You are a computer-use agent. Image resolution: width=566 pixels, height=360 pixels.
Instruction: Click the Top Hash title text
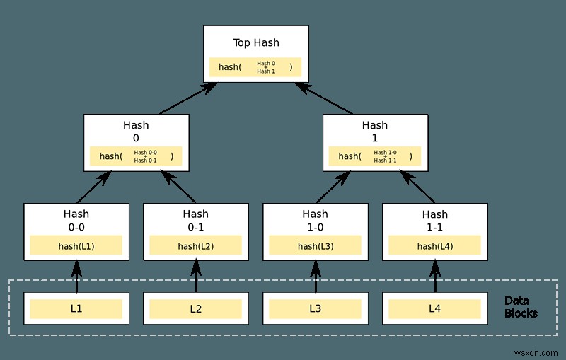(256, 42)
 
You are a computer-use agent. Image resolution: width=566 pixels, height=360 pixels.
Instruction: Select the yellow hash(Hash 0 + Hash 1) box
(255, 67)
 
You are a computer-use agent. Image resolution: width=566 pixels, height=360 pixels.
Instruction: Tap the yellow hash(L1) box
(76, 245)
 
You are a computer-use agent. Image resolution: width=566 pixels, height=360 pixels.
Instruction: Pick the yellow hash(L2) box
(196, 245)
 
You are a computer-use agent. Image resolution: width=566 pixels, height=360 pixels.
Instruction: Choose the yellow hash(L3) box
(316, 245)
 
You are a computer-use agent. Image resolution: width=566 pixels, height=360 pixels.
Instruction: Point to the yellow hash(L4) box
(435, 245)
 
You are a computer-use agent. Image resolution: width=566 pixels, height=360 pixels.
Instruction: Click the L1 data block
(76, 308)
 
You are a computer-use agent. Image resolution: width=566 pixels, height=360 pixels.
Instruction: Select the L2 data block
(196, 308)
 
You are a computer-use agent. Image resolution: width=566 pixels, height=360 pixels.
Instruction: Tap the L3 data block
(316, 308)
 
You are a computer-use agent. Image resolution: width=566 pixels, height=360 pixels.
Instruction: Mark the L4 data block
(435, 308)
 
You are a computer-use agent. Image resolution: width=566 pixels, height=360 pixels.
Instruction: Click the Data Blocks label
(521, 307)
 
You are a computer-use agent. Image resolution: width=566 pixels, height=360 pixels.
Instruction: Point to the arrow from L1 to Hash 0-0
(76, 277)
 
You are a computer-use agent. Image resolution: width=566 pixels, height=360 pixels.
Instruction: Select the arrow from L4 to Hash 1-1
(435, 277)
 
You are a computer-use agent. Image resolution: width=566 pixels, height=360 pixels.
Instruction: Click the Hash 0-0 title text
(76, 219)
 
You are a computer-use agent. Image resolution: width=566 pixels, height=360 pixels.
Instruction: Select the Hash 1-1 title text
(435, 219)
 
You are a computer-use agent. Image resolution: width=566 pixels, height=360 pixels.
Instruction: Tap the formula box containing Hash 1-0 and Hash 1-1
(375, 156)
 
